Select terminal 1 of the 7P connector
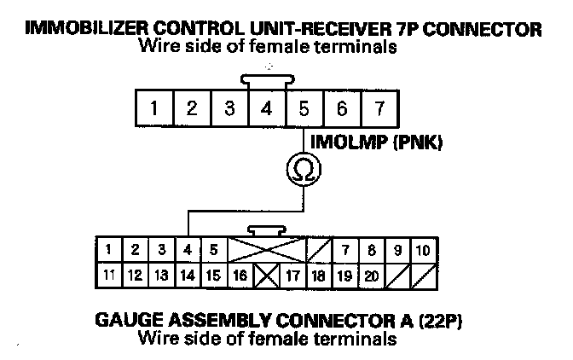click(x=154, y=108)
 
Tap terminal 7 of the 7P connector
click(x=379, y=108)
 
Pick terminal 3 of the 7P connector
click(x=229, y=108)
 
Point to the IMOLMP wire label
click(x=346, y=142)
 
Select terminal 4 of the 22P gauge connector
click(x=188, y=250)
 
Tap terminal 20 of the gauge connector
click(x=372, y=276)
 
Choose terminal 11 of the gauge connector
click(x=109, y=276)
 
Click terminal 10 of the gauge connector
click(x=424, y=250)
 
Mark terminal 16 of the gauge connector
click(x=240, y=276)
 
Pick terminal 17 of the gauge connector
click(x=292, y=276)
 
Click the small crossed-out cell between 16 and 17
click(x=266, y=276)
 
